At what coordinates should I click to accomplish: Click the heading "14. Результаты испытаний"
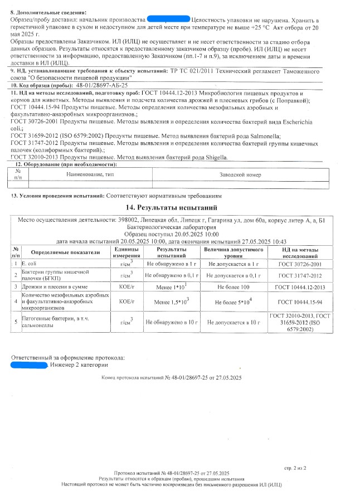pyautogui.click(x=180, y=208)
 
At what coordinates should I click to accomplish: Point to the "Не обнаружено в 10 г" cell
pyautogui.click(x=172, y=322)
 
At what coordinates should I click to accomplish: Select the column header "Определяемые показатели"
pyautogui.click(x=61, y=252)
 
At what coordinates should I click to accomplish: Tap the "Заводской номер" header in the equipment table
pyautogui.click(x=240, y=175)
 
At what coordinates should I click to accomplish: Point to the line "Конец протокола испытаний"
pyautogui.click(x=172, y=378)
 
